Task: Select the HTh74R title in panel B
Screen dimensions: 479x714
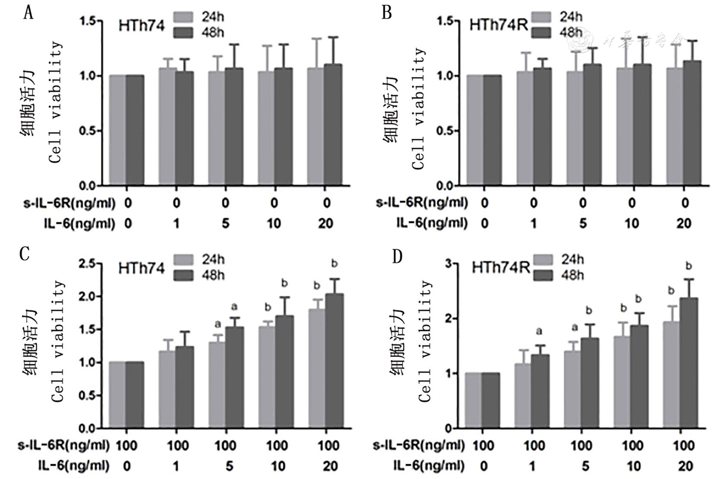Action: [x=499, y=25]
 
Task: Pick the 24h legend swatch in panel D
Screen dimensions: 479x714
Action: [x=543, y=260]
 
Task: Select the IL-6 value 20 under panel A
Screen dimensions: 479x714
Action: [x=326, y=223]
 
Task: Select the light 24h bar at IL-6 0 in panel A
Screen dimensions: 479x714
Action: [x=117, y=130]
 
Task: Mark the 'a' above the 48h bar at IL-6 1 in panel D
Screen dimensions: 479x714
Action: [x=539, y=332]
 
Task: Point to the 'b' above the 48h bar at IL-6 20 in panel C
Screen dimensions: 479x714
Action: [x=334, y=263]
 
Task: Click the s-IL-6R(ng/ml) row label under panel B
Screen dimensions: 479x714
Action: [x=422, y=203]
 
